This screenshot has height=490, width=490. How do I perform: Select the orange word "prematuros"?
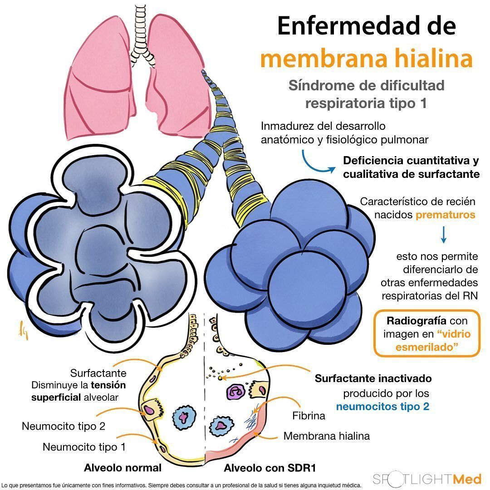(x=446, y=215)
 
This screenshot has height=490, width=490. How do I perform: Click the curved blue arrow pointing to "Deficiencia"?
(x=318, y=164)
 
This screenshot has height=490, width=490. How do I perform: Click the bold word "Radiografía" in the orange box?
(x=413, y=321)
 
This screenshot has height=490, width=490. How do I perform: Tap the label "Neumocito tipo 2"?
(x=64, y=426)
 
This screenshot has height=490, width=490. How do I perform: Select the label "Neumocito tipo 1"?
(x=84, y=447)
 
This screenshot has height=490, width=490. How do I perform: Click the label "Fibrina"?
(x=309, y=416)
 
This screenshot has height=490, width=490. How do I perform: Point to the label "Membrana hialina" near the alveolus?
(x=327, y=436)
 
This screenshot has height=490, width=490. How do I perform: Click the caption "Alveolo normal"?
(x=122, y=468)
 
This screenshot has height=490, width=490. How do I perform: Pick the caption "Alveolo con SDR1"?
(x=270, y=468)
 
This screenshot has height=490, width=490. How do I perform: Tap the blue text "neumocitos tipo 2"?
(x=382, y=407)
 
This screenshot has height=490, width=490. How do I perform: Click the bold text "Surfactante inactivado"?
(x=373, y=378)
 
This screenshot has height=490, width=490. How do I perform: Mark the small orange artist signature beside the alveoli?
(x=21, y=327)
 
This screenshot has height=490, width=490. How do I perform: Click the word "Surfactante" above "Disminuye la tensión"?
(x=98, y=373)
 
